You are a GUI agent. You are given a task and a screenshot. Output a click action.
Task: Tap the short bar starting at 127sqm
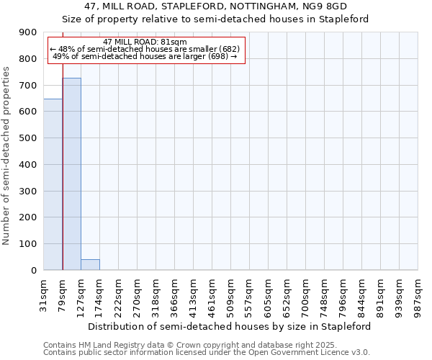pyautogui.click(x=90, y=264)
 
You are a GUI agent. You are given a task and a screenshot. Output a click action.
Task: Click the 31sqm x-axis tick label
pyautogui.click(x=44, y=293)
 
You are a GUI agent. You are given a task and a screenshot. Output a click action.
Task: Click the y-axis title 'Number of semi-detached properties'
pyautogui.click(x=6, y=156)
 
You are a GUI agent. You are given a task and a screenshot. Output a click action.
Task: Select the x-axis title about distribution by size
pyautogui.click(x=230, y=326)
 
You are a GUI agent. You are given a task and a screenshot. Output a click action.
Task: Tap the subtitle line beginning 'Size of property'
pyautogui.click(x=215, y=19)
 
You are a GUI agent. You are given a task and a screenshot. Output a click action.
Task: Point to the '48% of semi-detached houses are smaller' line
pyautogui.click(x=145, y=49)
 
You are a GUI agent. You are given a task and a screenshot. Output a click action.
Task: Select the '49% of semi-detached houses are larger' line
pyautogui.click(x=145, y=56)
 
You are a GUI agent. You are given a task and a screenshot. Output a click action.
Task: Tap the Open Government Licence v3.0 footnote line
pyautogui.click(x=207, y=353)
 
